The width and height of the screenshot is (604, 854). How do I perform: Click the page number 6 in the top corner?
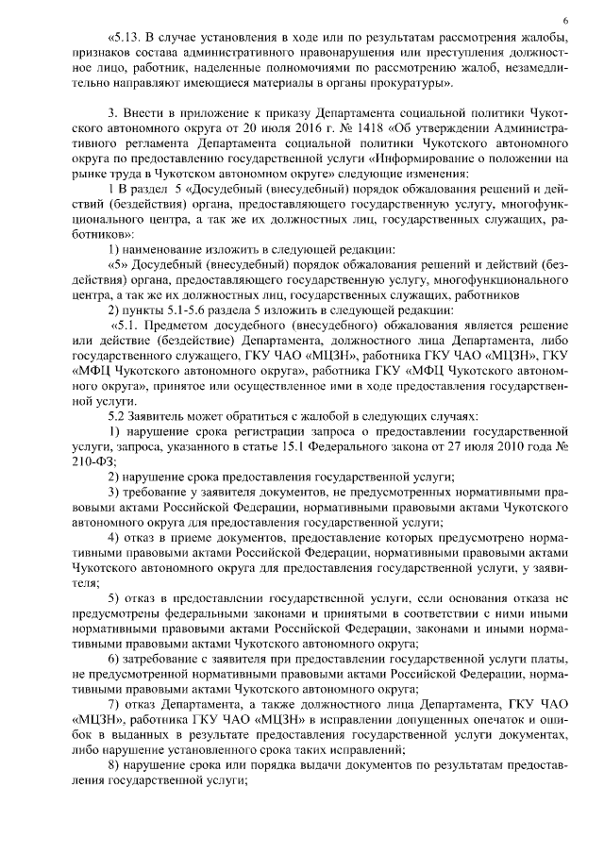(x=563, y=19)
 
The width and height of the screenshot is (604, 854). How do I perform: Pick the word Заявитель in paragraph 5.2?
(x=162, y=416)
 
